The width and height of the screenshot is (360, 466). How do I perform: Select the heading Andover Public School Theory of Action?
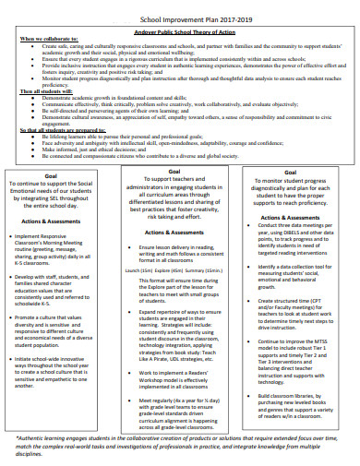(x=182, y=30)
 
